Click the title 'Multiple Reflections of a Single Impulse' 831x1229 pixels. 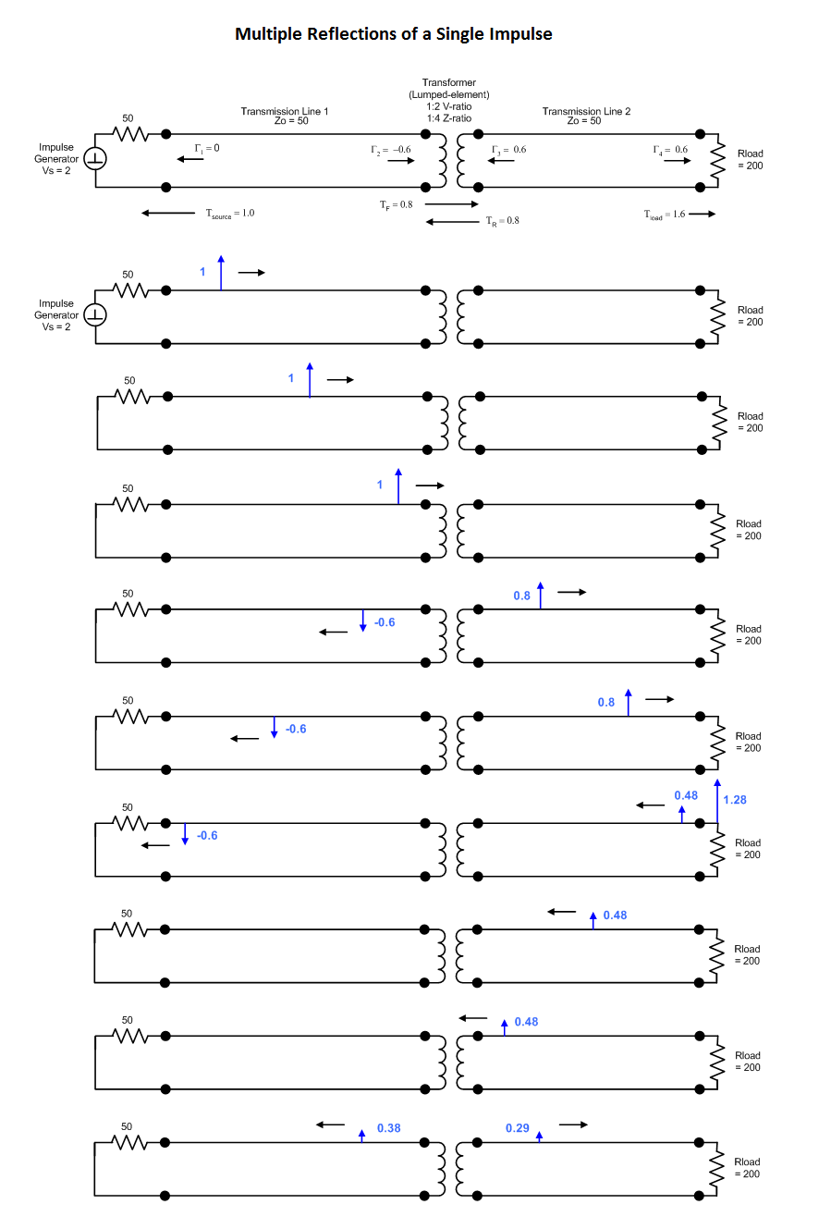(394, 34)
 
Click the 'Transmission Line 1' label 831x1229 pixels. (285, 111)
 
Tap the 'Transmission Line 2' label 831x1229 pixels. (586, 111)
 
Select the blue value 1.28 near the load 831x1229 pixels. (735, 800)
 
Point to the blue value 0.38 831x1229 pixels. (388, 1128)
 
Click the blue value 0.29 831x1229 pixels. (518, 1128)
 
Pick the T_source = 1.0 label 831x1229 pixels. (229, 214)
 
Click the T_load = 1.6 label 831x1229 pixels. (665, 215)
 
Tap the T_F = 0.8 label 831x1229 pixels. (396, 204)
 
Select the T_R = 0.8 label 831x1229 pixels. (503, 221)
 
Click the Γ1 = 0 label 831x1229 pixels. (207, 148)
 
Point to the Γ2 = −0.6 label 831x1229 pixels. (391, 149)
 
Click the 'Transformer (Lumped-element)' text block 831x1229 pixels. (449, 94)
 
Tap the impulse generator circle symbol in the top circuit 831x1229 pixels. (96, 159)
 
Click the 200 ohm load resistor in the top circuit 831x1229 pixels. (715, 160)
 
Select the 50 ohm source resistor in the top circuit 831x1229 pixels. (130, 134)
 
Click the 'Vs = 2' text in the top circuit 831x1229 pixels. (56, 170)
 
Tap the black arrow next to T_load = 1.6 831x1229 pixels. (702, 215)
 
